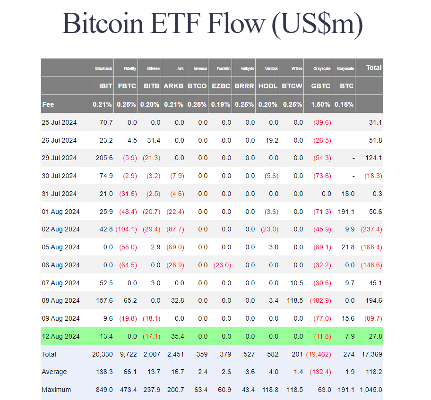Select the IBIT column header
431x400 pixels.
(x=105, y=86)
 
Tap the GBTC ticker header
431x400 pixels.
(x=321, y=86)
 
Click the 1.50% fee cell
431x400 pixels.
(x=321, y=104)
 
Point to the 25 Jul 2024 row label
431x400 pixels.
(x=59, y=122)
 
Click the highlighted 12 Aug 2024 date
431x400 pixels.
(x=60, y=336)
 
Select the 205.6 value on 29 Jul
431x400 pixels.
(x=104, y=158)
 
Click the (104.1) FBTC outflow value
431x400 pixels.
(x=126, y=229)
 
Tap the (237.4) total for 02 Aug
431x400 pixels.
(x=371, y=229)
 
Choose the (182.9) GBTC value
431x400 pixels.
(x=320, y=300)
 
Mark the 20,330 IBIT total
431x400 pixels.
(x=103, y=354)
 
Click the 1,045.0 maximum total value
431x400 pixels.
(x=370, y=390)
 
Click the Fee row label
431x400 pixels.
(x=48, y=104)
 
